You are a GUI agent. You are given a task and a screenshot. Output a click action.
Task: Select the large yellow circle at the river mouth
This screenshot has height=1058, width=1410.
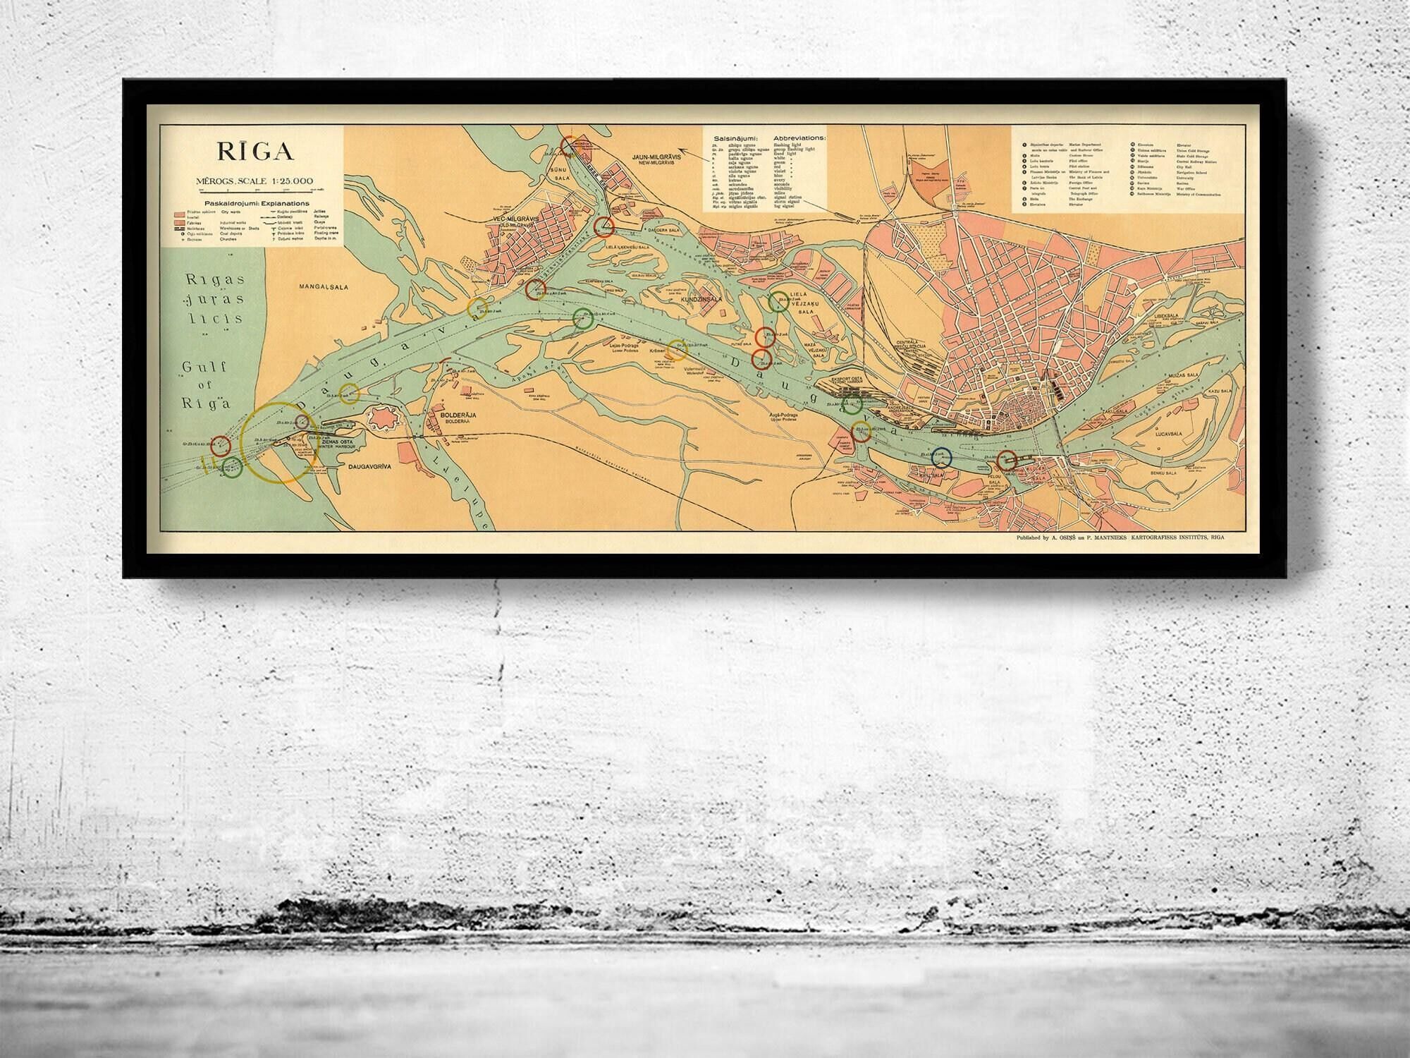(278, 442)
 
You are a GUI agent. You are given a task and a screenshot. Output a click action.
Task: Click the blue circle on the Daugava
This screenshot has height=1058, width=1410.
(942, 458)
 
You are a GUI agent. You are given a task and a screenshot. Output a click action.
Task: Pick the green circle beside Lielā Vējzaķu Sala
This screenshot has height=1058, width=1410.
(779, 301)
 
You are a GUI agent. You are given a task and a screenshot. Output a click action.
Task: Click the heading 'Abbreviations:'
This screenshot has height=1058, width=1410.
(799, 138)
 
